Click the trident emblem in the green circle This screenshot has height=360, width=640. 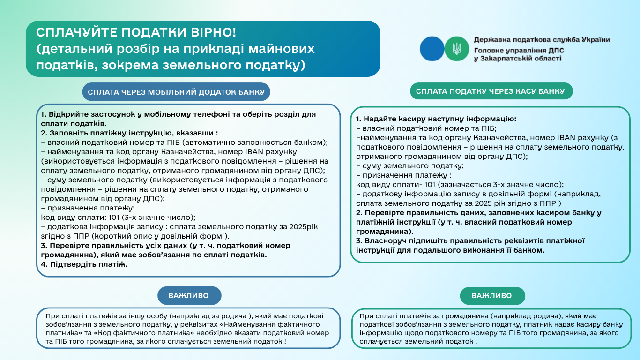click(456, 48)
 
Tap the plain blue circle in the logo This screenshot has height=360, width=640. click(432, 48)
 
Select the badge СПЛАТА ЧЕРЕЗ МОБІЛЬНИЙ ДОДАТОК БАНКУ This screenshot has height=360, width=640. click(176, 92)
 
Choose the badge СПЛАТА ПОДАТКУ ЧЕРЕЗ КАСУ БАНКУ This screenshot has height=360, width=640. click(491, 91)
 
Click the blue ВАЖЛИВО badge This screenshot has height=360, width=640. click(189, 296)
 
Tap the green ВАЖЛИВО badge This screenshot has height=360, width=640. click(492, 296)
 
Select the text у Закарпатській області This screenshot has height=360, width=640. click(517, 59)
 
